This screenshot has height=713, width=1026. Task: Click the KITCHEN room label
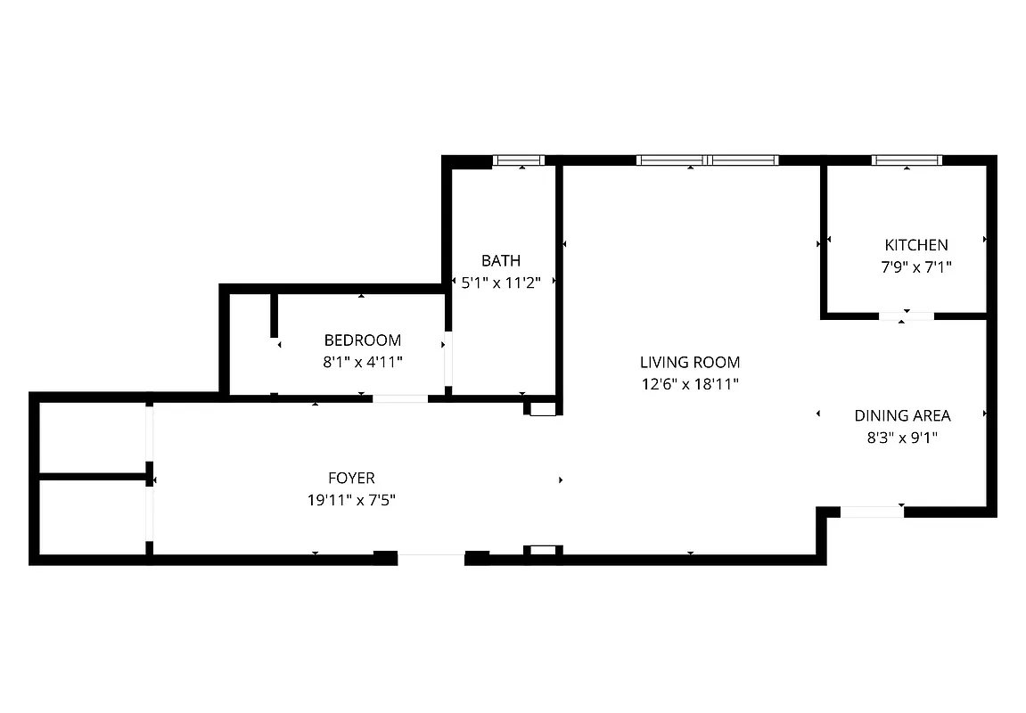tap(915, 245)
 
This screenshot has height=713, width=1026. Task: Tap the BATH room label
tap(501, 261)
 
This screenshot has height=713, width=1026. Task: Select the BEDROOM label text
tap(362, 340)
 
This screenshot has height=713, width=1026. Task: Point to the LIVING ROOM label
tap(690, 363)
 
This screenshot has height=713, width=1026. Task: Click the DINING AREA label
tap(902, 415)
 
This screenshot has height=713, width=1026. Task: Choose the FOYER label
tap(351, 479)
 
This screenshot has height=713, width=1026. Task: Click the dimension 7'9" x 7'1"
tap(915, 266)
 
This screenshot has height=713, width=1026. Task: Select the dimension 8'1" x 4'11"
tap(362, 362)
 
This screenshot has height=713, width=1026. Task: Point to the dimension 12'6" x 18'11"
tap(690, 384)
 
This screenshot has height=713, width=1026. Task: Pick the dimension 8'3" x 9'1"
tap(902, 438)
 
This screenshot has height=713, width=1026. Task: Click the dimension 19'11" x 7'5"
tap(351, 501)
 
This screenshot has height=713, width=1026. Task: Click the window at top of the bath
tap(519, 161)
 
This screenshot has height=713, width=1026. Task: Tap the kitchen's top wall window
tap(907, 160)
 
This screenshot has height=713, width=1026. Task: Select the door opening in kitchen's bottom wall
tap(906, 316)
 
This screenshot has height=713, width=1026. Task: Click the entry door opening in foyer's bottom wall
tap(431, 559)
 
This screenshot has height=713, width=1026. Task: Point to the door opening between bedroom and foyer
tap(400, 398)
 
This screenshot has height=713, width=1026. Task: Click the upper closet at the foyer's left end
tap(93, 438)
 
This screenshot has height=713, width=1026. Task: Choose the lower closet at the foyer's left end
tap(93, 518)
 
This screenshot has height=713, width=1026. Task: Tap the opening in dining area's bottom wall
tap(872, 512)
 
